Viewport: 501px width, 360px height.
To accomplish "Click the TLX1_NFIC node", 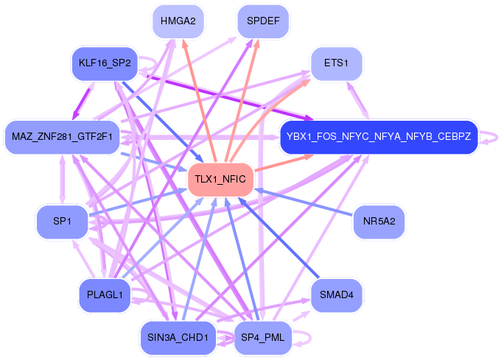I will tap(221, 180).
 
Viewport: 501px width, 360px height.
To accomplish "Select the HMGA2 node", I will tap(178, 21).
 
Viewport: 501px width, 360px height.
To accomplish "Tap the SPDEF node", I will tap(263, 21).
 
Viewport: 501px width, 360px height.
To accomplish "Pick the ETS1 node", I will tap(336, 63).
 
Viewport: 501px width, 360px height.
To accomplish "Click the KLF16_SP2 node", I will tap(104, 63).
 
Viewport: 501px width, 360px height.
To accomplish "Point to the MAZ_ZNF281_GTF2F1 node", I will tap(62, 136).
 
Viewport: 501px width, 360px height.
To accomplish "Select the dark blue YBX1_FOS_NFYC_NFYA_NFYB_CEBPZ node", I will tap(379, 136).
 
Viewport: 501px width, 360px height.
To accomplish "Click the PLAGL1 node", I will tap(104, 294).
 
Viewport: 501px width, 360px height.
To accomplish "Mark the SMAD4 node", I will tap(336, 294).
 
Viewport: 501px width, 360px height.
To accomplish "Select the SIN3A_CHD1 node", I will tap(177, 338).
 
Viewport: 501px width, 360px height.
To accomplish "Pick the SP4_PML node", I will tap(263, 338).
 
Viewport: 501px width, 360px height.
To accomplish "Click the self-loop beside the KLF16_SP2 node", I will tap(148, 63).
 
